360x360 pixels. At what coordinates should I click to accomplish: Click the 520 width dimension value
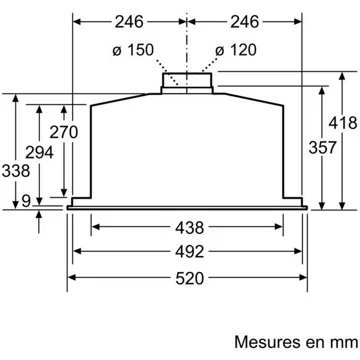(x=189, y=278)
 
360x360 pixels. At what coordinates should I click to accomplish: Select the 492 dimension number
(x=189, y=252)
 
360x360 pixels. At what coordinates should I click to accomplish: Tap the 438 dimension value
(x=189, y=228)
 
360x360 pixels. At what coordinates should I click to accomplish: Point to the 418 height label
(x=343, y=123)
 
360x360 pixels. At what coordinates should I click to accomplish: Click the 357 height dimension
(x=322, y=147)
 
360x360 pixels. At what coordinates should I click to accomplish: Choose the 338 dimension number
(x=16, y=171)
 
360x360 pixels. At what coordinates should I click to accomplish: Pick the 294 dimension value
(x=39, y=153)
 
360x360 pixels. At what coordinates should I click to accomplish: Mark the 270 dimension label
(x=64, y=132)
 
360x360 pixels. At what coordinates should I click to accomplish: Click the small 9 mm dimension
(x=26, y=201)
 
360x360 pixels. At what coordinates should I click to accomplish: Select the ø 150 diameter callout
(x=133, y=50)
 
